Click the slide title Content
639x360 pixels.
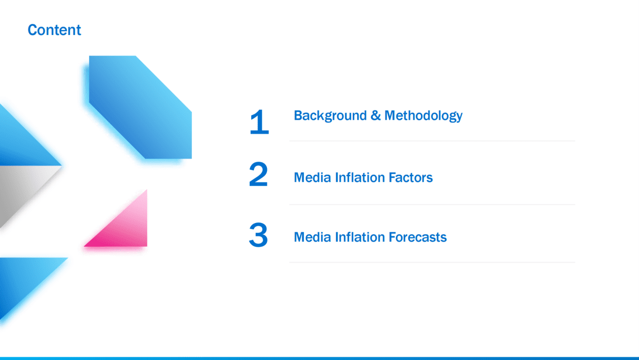[x=54, y=30]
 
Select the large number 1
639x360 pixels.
[x=259, y=121]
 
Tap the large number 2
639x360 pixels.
[x=258, y=174]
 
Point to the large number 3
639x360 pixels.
[x=258, y=235]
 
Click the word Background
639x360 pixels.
[x=330, y=116]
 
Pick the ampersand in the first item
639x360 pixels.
[x=376, y=116]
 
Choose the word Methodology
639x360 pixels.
[x=424, y=116]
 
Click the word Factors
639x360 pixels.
[x=410, y=177]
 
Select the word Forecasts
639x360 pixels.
[x=417, y=237]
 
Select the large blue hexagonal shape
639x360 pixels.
[x=141, y=107]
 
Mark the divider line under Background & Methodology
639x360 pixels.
[x=432, y=141]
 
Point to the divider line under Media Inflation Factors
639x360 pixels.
[x=432, y=205]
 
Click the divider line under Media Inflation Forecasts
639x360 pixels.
[x=432, y=263]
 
